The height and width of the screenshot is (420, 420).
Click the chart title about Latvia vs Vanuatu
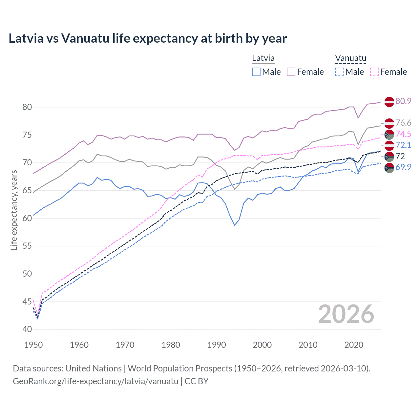148,38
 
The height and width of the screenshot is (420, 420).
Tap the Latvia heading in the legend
263,58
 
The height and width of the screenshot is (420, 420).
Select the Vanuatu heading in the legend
350,58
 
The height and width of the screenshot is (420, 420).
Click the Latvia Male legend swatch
256,72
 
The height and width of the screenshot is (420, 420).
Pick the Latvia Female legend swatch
291,72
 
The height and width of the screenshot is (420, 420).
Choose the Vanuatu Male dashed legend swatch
339,72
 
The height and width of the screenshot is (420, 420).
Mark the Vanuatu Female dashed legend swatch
374,72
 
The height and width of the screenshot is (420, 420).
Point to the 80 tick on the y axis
27,107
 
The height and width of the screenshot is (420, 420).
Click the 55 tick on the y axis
27,246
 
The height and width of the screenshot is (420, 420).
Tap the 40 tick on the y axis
27,329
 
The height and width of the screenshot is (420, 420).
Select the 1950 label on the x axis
33,345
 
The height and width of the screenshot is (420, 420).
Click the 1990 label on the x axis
217,345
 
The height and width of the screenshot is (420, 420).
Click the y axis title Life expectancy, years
14,210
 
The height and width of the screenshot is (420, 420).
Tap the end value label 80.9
403,101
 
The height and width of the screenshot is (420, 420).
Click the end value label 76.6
403,123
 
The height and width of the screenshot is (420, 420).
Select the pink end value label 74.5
403,134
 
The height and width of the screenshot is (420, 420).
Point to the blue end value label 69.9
403,167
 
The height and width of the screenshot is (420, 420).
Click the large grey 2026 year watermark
346,314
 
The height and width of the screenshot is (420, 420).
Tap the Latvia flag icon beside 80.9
389,102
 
